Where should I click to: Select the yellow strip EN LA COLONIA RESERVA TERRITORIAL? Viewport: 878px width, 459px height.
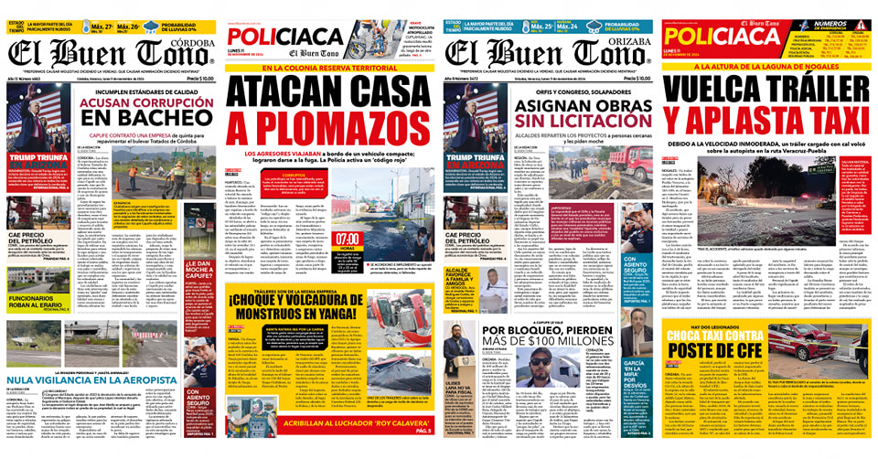coord(332,68)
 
